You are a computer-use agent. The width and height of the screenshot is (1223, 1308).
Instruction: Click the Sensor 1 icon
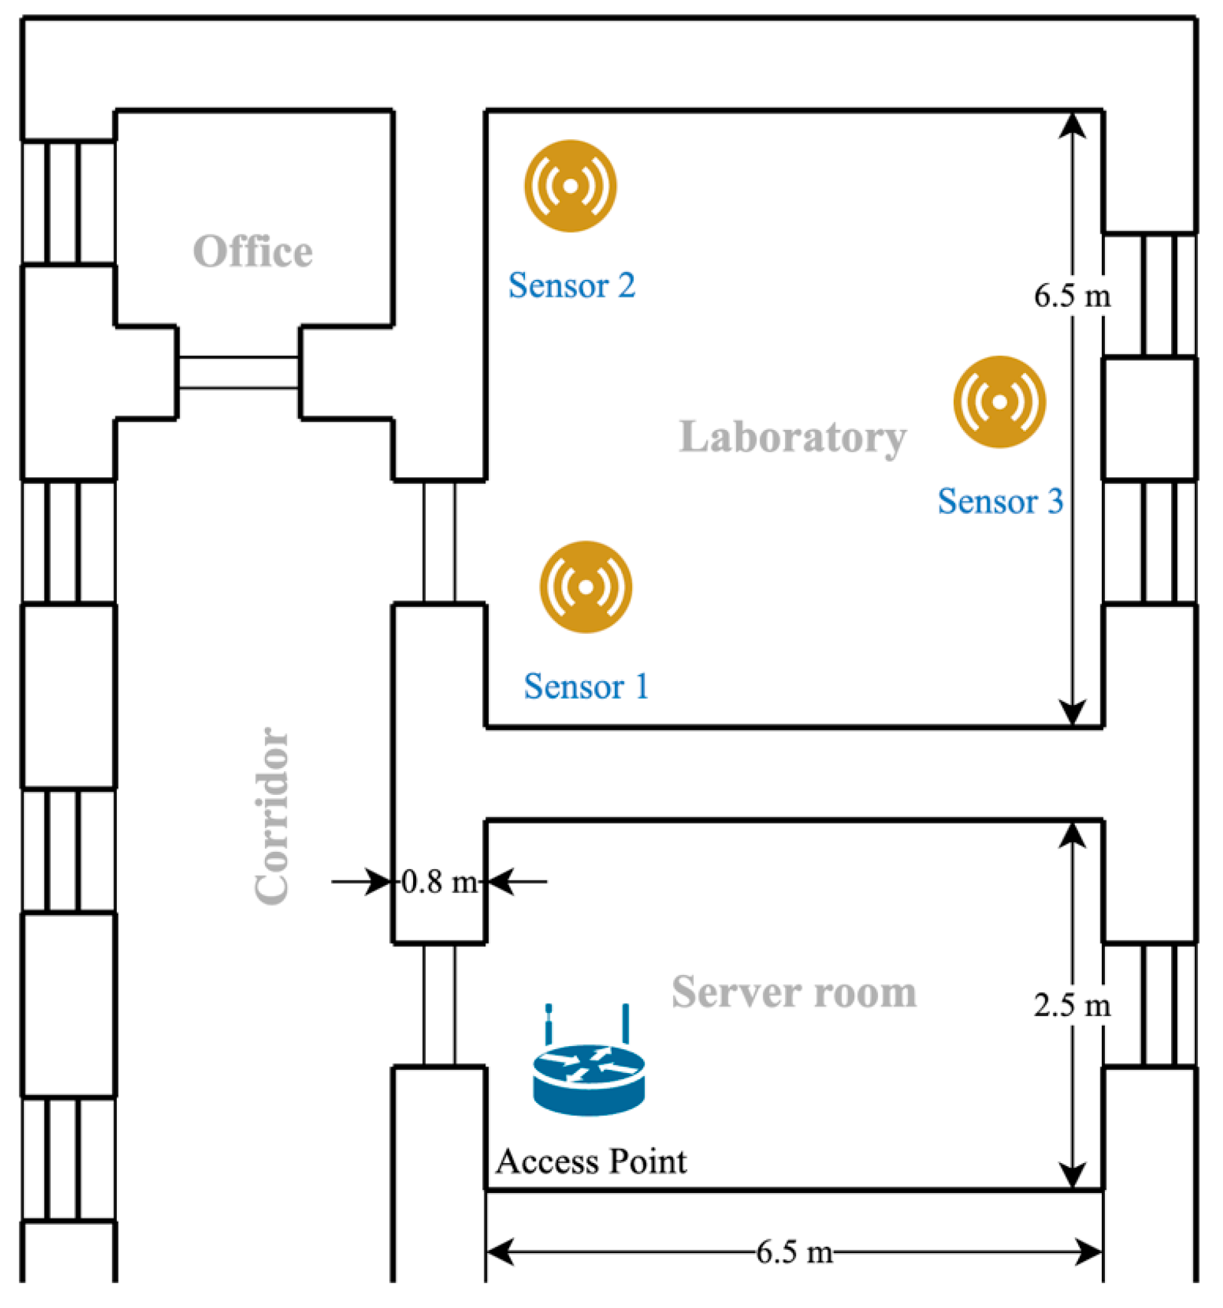click(586, 587)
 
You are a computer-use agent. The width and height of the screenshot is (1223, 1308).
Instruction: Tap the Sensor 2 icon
click(571, 186)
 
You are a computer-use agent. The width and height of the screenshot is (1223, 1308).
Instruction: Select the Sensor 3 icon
click(999, 402)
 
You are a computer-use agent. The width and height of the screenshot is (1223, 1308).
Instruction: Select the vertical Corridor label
click(272, 816)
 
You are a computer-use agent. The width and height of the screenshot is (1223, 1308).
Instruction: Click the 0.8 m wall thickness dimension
click(439, 882)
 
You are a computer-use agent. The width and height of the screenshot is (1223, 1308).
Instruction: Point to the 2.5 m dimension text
click(1072, 1006)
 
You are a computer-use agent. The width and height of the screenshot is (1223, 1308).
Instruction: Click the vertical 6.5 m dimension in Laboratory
click(1072, 296)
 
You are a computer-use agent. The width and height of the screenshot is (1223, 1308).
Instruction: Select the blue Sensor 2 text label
click(571, 286)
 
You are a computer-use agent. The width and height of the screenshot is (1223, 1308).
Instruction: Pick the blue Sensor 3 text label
click(1000, 501)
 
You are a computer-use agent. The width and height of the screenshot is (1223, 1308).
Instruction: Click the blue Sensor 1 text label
click(586, 687)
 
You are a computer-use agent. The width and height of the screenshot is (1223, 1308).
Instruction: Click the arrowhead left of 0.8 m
click(379, 881)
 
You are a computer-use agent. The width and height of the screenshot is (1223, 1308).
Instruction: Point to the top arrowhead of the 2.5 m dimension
click(1072, 834)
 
